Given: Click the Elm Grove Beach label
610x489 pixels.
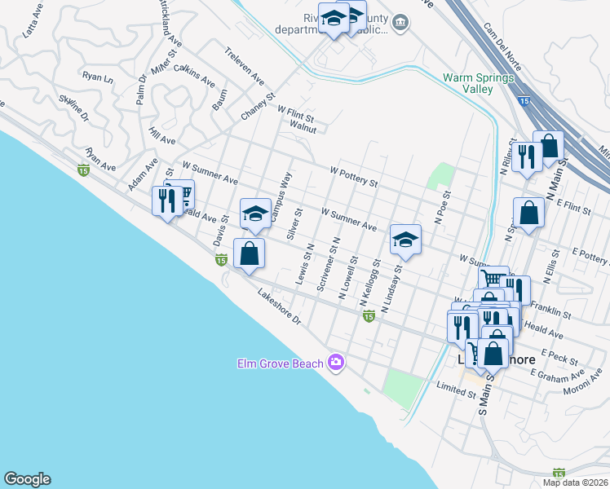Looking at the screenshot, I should click(280, 363).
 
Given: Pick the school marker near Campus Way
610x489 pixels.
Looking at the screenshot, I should click(255, 214).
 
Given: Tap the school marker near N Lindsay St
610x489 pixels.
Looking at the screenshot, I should click(405, 239).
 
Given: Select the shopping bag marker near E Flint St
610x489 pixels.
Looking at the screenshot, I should click(528, 214).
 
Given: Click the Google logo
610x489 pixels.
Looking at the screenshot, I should click(27, 479).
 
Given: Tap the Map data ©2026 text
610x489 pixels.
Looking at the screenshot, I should click(574, 482).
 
